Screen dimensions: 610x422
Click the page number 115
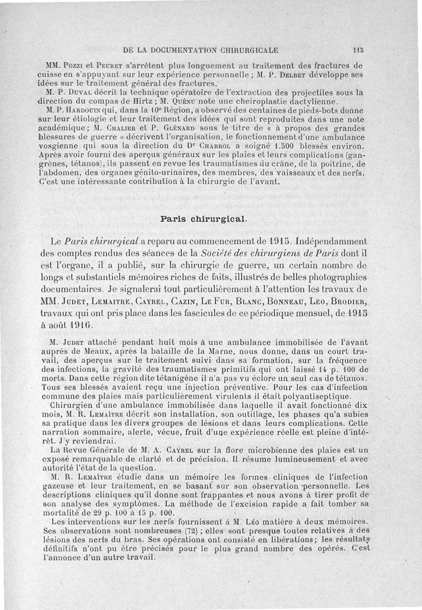(x=358, y=51)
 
